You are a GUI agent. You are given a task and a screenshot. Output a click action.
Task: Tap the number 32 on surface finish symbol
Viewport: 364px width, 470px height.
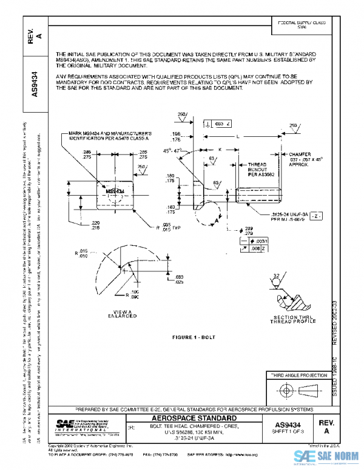(x=277, y=276)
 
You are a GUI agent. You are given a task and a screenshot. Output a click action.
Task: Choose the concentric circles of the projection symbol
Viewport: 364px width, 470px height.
(x=281, y=389)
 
